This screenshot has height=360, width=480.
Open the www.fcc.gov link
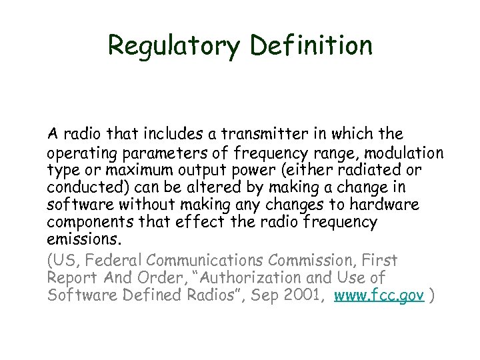coord(379,295)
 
